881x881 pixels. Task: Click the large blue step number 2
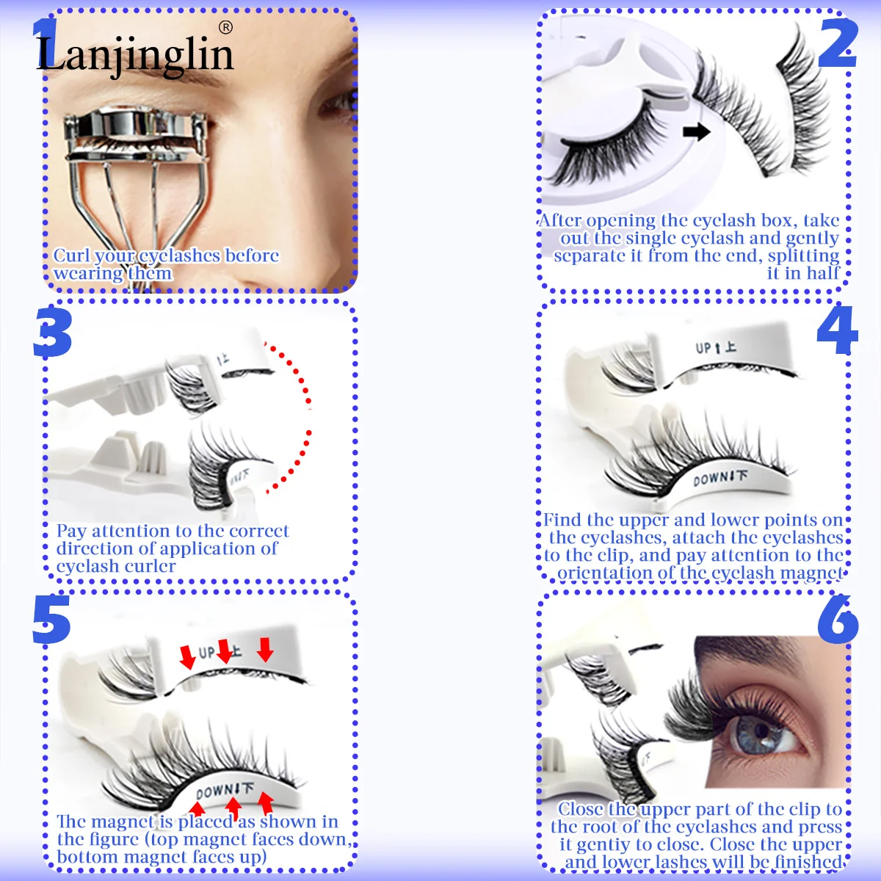837,44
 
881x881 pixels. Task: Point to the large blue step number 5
51,620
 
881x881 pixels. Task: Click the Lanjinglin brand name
135,55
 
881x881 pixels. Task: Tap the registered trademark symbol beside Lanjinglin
225,28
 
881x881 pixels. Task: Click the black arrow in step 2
696,132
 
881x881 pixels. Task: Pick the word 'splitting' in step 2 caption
803,255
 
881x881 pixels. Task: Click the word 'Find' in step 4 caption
562,520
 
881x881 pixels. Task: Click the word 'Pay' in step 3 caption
72,531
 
